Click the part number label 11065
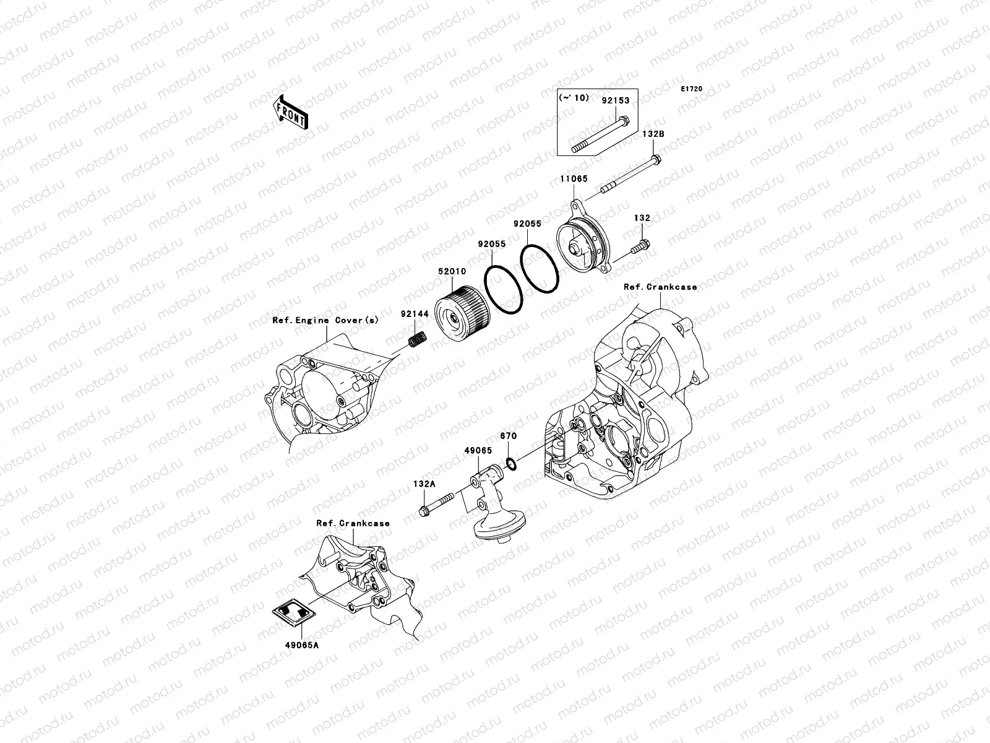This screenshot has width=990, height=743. [574, 178]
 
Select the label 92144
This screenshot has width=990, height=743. [413, 314]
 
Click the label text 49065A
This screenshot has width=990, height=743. [302, 645]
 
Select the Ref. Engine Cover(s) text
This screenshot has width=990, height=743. [325, 320]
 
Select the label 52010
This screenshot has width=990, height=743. [453, 271]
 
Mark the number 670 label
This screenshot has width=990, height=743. [508, 436]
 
